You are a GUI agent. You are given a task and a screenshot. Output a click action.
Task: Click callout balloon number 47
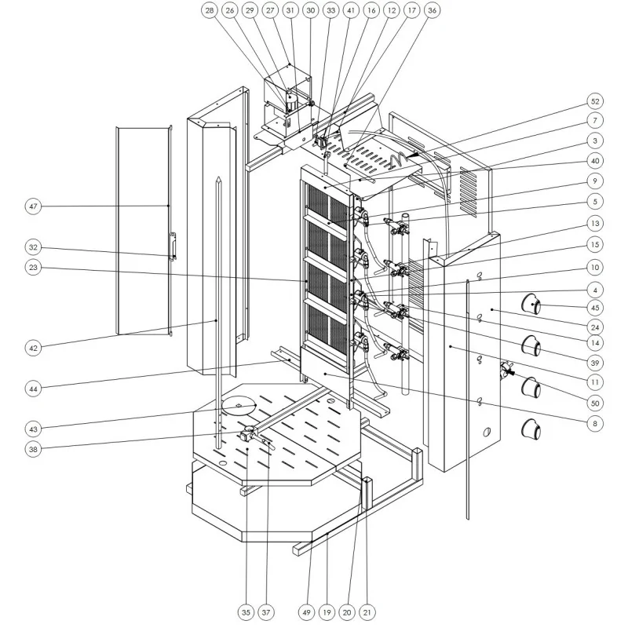click(33, 206)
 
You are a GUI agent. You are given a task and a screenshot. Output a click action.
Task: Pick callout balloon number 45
click(596, 307)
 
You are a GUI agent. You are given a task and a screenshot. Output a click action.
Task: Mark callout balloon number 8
click(596, 423)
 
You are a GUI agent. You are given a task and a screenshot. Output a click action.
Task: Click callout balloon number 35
click(247, 609)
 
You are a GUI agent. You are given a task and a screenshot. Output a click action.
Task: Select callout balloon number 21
click(366, 609)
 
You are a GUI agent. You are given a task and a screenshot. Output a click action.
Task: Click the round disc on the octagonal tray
click(239, 405)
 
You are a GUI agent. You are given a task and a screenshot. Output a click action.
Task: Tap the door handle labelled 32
click(173, 246)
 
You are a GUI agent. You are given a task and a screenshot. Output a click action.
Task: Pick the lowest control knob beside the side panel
click(533, 429)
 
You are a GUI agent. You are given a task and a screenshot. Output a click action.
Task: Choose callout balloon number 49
click(306, 609)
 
